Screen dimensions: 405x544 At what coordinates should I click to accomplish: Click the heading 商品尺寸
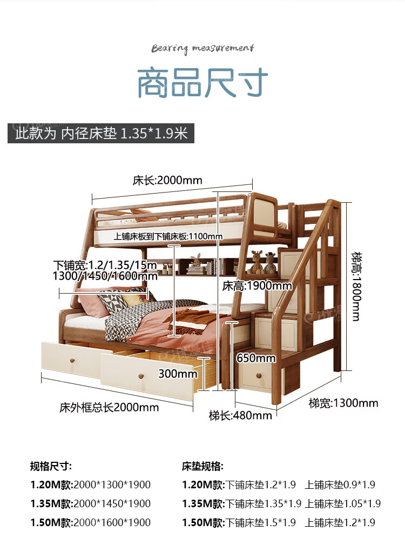202,82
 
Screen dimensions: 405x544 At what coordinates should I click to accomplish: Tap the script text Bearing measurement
202,49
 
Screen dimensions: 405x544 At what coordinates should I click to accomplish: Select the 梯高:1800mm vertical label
355,286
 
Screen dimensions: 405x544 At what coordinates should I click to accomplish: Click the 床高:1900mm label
257,285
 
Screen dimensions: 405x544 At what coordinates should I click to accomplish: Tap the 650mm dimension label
256,358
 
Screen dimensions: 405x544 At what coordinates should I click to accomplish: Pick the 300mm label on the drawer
178,373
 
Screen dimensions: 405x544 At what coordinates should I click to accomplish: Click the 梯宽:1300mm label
343,403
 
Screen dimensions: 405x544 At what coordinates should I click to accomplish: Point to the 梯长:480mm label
240,415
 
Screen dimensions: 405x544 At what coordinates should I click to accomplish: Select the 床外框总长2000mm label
109,407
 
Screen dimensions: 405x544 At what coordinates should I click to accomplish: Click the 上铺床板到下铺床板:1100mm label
168,236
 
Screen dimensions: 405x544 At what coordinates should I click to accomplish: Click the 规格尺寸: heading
51,466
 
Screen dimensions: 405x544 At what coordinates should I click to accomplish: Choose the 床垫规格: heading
202,466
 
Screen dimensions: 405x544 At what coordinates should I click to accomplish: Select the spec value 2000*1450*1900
112,503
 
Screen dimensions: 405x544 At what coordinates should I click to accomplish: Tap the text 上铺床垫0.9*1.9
340,485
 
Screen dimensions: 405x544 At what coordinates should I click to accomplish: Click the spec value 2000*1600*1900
112,522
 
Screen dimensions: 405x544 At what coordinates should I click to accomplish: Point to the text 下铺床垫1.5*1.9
261,522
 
